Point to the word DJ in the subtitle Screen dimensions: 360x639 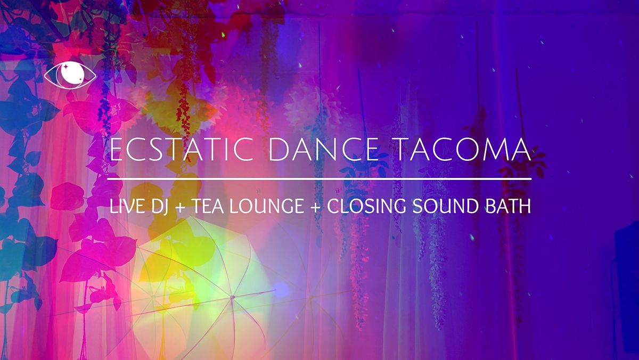pos(158,207)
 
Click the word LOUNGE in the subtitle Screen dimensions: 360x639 pos(268,207)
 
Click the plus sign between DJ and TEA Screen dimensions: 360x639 pos(181,208)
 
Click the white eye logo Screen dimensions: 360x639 pos(70,76)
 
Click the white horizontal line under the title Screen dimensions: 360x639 pos(319,179)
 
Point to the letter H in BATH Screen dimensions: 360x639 pos(525,207)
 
